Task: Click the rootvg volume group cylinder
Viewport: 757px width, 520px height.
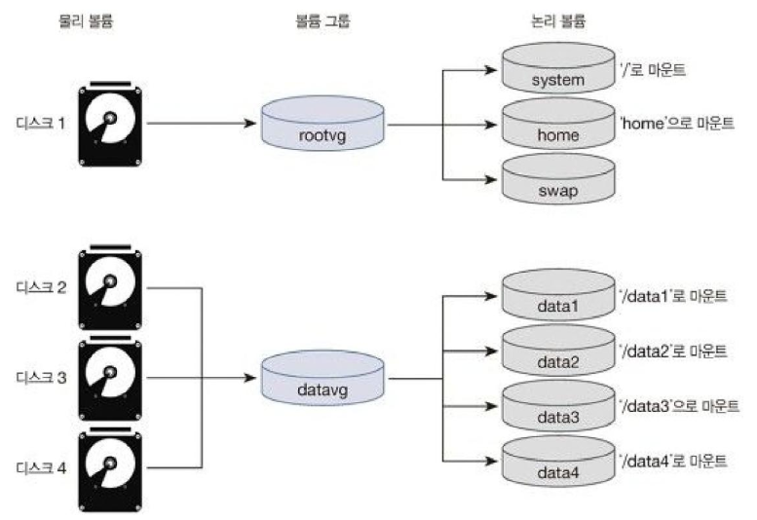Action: [x=322, y=123]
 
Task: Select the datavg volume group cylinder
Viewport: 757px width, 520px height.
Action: [x=322, y=378]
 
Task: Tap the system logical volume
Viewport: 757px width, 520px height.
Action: [x=558, y=68]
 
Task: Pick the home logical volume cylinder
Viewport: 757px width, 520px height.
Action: [x=558, y=124]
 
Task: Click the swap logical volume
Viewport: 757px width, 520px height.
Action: [x=558, y=179]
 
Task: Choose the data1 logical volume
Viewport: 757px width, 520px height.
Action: [x=558, y=295]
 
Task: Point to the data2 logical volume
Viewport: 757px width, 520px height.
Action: [x=558, y=351]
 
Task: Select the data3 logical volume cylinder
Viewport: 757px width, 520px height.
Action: [x=558, y=406]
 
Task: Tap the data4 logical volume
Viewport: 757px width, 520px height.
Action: [x=558, y=462]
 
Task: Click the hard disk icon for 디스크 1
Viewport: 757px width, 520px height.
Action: [x=110, y=124]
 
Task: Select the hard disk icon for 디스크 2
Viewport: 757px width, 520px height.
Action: [x=110, y=287]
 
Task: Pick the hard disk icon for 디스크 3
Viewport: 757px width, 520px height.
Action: [x=110, y=378]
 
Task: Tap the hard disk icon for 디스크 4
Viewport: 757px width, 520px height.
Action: [x=110, y=468]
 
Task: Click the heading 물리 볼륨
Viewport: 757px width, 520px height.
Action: [x=86, y=20]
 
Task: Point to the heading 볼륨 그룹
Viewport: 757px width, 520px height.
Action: [x=322, y=20]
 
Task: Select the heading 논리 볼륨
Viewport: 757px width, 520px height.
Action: [x=558, y=20]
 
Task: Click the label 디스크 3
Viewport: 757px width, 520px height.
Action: [x=41, y=377]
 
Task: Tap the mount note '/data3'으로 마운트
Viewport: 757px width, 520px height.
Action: [x=679, y=406]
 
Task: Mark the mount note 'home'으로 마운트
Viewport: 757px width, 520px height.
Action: [x=677, y=124]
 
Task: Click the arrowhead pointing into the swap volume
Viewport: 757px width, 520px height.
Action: [x=491, y=180]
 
